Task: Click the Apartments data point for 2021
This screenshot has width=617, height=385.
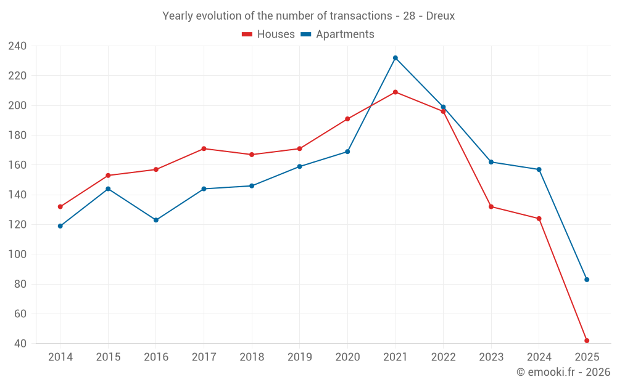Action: coord(395,58)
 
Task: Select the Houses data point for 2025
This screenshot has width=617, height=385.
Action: coord(587,341)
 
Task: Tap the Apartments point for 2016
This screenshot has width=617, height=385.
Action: coord(156,220)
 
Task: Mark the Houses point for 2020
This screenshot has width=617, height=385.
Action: coord(347,119)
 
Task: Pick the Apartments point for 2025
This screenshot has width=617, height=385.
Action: coord(587,280)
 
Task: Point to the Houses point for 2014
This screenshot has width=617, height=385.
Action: coord(60,207)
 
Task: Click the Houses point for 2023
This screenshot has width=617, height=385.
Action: coord(491,207)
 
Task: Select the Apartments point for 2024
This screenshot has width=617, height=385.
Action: coord(539,169)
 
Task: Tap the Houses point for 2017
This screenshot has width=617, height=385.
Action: coord(204,148)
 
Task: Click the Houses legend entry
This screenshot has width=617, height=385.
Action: coord(268,34)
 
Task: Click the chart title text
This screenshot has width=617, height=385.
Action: coord(308,16)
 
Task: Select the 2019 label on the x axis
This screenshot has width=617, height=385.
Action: coord(300,357)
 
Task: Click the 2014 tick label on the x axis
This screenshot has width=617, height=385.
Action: coord(60,357)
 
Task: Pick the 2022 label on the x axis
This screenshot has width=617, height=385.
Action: coord(444,357)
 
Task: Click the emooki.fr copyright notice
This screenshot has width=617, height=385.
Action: coord(563,372)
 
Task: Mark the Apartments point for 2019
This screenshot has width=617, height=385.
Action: coord(300,166)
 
